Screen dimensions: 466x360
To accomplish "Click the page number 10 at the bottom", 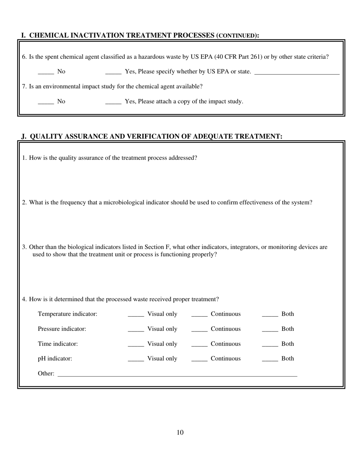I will [180, 433].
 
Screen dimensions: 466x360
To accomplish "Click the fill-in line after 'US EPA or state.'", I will [297, 73].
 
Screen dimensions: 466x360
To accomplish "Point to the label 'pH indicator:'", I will [55, 358].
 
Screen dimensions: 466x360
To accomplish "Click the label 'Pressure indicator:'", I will [62, 329].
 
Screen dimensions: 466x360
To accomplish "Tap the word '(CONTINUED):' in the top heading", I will [238, 36].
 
